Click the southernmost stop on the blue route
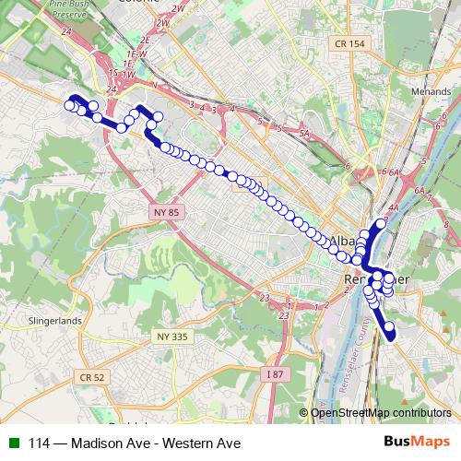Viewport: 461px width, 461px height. (390, 336)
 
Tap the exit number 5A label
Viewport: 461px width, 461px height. (304, 133)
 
